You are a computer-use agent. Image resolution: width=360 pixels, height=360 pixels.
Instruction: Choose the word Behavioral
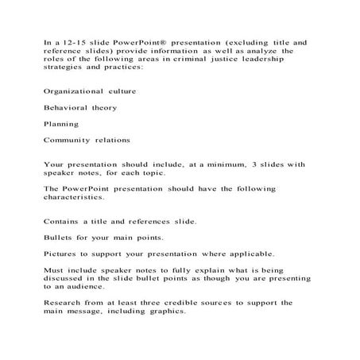pos(62,107)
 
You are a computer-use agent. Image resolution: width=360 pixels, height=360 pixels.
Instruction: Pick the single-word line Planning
pos(58,124)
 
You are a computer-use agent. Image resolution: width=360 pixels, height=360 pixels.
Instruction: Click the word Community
pos(64,141)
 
